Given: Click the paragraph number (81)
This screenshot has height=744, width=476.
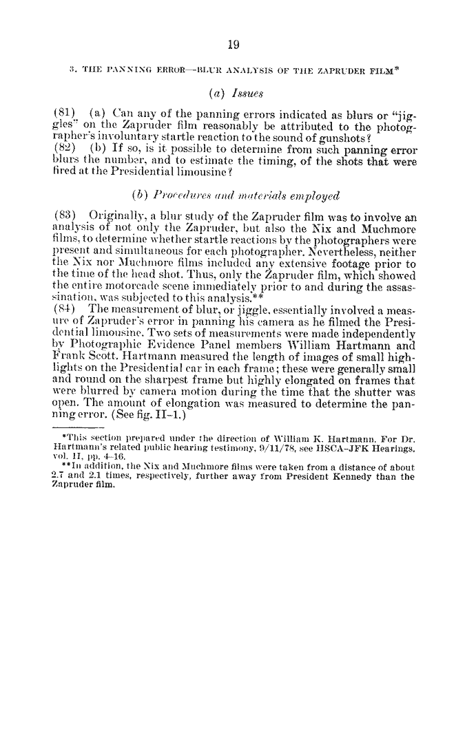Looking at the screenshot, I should tap(65, 109).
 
